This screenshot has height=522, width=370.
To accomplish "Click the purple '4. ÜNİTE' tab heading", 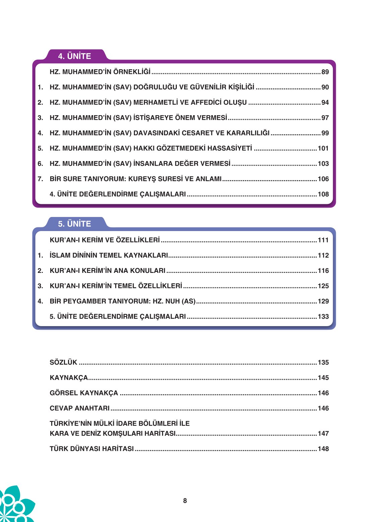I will coord(74,56).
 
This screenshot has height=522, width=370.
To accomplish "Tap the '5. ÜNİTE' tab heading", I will coord(74,224).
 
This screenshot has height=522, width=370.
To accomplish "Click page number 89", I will coord(325,72).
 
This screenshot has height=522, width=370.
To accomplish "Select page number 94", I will coord(325,102).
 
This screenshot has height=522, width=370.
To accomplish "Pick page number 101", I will coord(323,148).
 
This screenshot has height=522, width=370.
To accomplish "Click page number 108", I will coord(323,194).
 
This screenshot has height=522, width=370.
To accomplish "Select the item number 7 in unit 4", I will coord(40,179).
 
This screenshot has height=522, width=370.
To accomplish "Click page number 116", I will coord(323,271).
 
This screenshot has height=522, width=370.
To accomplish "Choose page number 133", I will coord(323,316).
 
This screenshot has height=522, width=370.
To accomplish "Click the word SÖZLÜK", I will coord(63,362).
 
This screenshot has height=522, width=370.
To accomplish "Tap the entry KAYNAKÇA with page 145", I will coord(69,378).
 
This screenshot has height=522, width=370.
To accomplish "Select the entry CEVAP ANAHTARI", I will coord(80,408).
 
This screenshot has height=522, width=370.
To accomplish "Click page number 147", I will coord(323,433).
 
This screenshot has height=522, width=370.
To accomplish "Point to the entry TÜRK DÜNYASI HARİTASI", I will coord(92,449).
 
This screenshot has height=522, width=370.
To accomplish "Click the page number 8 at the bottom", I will coord(185,501).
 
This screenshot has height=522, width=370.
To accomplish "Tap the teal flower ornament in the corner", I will coord(15,506).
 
